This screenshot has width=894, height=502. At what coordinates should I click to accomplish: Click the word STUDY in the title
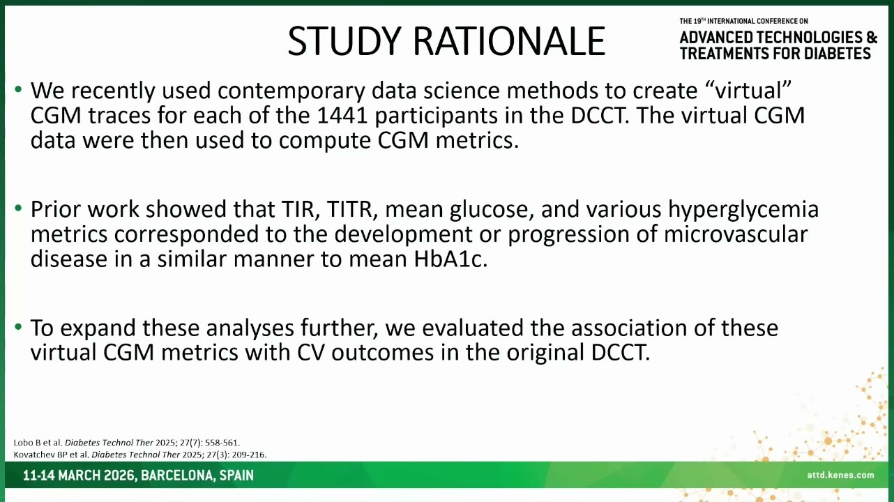344,41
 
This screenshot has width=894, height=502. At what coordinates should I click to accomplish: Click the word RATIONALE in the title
509,41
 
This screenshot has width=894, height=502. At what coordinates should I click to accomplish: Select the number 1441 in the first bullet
342,116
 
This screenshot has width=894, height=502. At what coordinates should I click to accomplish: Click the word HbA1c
450,259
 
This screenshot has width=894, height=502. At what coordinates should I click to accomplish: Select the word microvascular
736,234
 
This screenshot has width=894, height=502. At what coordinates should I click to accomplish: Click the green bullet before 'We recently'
18,89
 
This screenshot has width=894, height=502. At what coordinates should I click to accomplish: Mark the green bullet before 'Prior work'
18,208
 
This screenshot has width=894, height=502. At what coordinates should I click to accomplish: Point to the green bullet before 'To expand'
18,327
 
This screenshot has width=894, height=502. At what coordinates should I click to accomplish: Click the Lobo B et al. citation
126,443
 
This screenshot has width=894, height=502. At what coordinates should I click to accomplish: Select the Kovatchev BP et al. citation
140,455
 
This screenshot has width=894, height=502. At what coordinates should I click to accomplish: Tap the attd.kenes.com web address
840,475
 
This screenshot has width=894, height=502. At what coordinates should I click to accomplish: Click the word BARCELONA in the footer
178,476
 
